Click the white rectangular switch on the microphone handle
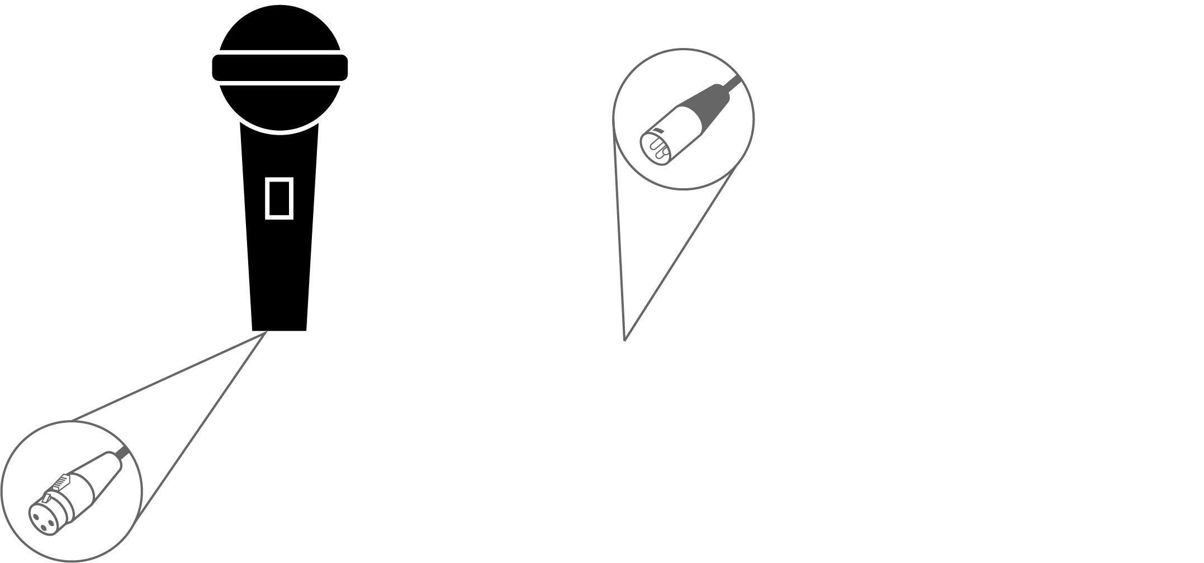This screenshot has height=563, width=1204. coord(279,198)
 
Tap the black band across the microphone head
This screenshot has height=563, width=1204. coord(279,68)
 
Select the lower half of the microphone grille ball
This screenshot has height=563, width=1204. coord(279,106)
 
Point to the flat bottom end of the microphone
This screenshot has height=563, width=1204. coord(279,328)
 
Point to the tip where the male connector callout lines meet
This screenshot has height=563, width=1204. coord(624,339)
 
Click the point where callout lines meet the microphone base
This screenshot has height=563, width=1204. coord(266,332)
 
